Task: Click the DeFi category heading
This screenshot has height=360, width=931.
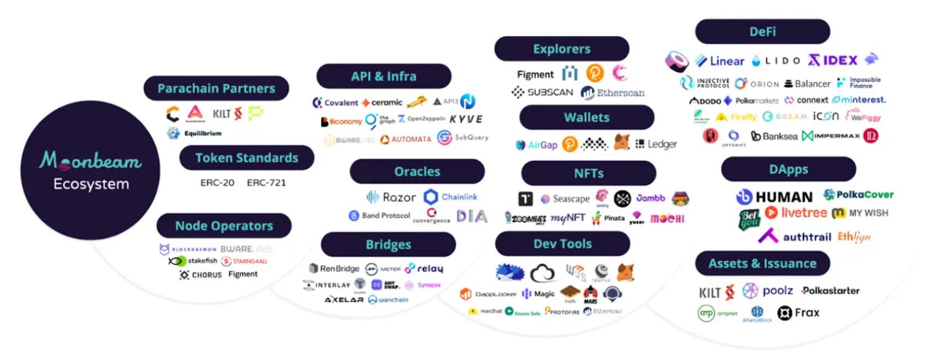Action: coord(762,31)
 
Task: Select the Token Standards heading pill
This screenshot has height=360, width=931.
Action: coord(246,158)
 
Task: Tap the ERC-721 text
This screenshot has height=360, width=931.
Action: coord(266,182)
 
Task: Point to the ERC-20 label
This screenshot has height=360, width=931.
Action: coord(217,182)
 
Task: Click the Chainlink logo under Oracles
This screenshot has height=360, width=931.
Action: coord(450,197)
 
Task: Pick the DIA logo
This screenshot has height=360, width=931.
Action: coord(472,216)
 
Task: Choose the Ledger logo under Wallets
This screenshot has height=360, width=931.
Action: coord(656,144)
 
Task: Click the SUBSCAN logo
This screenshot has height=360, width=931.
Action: coord(542,92)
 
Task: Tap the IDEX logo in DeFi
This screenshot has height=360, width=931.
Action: coord(832,60)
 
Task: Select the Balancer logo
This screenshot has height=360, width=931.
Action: coord(807,84)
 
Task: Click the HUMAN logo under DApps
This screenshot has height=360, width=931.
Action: coord(774,197)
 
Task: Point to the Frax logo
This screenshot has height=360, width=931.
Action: coord(798,313)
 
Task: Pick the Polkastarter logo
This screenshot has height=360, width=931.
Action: coord(830,291)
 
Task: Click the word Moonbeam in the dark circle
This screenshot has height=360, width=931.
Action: coord(90,160)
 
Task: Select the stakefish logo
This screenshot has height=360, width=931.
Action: coord(193,261)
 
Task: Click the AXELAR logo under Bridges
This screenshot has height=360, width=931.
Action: coord(344,299)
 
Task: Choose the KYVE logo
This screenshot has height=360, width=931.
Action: coord(466,119)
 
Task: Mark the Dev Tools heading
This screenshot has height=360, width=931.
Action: coord(562,244)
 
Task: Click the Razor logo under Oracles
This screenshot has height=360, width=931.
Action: coord(391,197)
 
